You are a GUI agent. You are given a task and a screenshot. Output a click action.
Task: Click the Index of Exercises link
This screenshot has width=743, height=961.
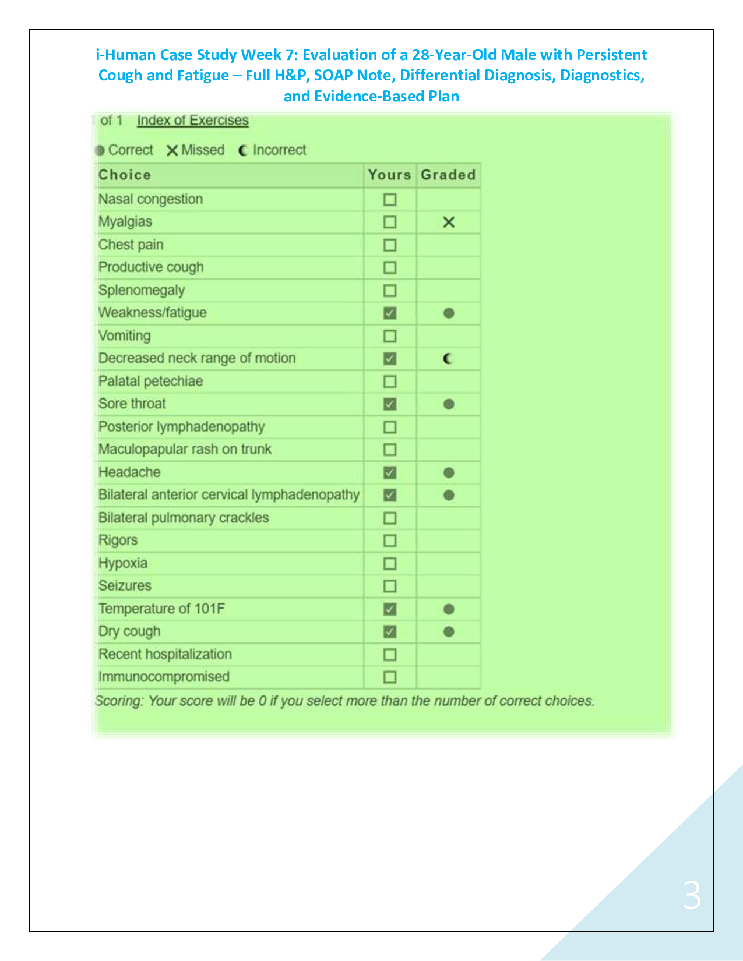click(192, 121)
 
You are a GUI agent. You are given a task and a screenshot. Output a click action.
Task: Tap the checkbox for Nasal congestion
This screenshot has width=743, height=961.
click(390, 200)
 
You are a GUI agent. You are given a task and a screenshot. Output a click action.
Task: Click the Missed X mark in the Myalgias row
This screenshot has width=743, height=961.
click(448, 222)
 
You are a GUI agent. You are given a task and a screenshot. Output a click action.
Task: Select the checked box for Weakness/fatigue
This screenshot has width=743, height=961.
click(390, 313)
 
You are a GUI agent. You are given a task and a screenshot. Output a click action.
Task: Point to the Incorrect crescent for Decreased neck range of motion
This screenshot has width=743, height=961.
click(448, 359)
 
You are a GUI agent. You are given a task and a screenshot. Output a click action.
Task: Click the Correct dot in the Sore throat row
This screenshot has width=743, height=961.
click(448, 404)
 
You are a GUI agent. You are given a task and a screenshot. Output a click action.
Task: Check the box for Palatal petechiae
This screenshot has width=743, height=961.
click(390, 381)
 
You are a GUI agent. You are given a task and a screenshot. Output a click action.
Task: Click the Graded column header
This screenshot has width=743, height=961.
click(448, 175)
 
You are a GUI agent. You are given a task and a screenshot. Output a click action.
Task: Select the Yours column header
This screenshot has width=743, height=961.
click(389, 175)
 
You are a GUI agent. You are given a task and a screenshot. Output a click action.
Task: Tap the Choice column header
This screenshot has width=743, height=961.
click(125, 175)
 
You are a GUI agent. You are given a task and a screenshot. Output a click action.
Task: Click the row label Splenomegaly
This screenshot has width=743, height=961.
click(142, 290)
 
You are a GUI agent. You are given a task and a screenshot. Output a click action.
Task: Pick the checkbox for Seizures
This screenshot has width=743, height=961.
click(390, 586)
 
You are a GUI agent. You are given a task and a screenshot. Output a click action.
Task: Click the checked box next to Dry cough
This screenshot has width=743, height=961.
click(390, 631)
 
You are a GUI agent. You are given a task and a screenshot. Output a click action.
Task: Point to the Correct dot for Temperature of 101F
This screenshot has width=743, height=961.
click(448, 609)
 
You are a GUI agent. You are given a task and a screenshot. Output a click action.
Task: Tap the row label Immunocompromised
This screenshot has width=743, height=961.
click(164, 677)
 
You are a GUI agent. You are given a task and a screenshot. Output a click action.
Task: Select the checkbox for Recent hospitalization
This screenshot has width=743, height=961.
click(390, 655)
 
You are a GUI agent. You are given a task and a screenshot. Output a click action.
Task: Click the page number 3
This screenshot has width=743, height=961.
click(692, 895)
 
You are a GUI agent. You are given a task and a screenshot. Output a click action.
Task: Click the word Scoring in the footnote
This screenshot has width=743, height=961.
click(118, 701)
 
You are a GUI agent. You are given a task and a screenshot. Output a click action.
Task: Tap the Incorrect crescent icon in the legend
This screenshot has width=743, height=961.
click(243, 150)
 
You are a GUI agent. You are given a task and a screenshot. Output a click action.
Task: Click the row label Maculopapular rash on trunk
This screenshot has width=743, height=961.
click(185, 449)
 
